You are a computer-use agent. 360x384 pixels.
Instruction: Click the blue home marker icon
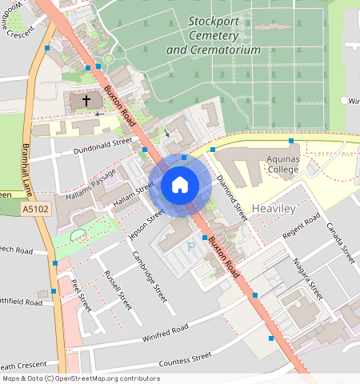click(180, 185)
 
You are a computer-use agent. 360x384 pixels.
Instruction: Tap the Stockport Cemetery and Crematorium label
click(214, 35)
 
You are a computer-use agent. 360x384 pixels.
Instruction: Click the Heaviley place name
click(274, 208)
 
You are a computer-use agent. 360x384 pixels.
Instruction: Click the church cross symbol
click(86, 101)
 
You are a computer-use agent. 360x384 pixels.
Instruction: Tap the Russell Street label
click(118, 290)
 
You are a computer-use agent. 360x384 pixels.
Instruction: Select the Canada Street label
click(342, 242)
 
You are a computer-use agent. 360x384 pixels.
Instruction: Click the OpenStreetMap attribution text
click(81, 378)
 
